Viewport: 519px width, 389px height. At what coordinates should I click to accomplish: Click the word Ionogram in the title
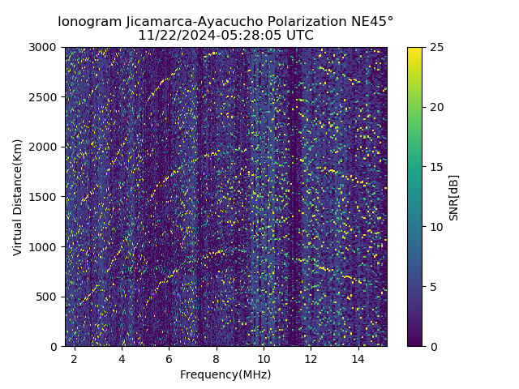[x=89, y=22]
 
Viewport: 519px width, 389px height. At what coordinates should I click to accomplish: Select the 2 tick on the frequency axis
[x=75, y=358]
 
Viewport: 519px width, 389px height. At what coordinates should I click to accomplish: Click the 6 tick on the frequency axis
[x=169, y=358]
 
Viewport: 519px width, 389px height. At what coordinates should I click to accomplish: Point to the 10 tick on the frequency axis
[x=264, y=358]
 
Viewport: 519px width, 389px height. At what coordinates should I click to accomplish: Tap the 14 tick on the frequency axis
[x=358, y=358]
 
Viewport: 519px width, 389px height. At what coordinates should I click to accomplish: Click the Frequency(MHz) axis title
[x=225, y=374]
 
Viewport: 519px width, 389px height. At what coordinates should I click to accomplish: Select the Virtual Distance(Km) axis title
[x=17, y=197]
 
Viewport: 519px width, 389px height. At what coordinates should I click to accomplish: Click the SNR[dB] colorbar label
[x=453, y=197]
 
